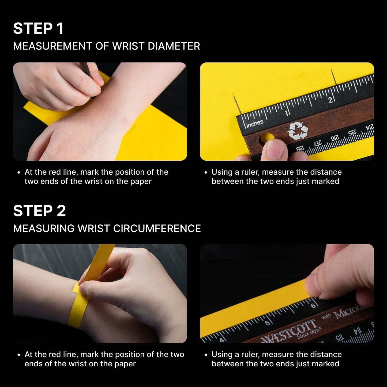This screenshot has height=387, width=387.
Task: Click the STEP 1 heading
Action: (x=38, y=29)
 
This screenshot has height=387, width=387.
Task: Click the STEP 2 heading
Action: (x=39, y=211)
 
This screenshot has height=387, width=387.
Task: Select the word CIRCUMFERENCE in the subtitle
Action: (x=157, y=229)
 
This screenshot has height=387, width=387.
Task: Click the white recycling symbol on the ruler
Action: (x=298, y=131)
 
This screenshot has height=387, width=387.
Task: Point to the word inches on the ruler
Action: (x=254, y=124)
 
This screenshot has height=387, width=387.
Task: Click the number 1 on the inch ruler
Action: (x=287, y=113)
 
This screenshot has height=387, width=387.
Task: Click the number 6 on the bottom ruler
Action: (x=313, y=306)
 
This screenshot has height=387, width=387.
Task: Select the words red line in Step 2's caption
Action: (x=66, y=355)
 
